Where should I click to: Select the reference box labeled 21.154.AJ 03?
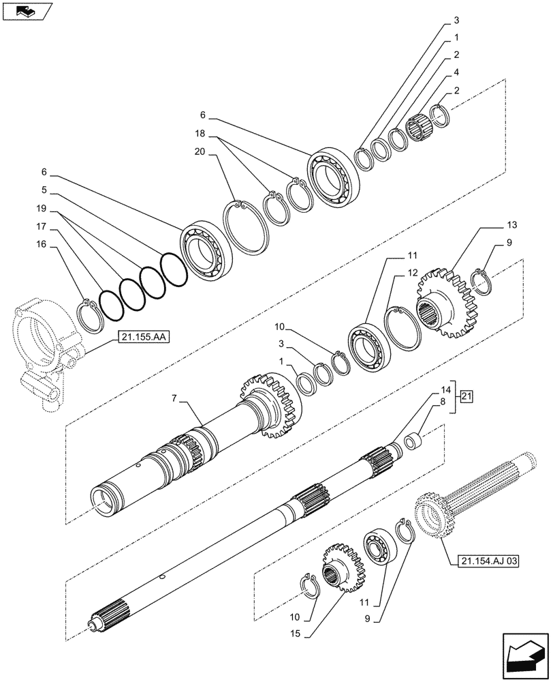pyautogui.click(x=484, y=561)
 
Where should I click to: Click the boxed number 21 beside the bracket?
pyautogui.click(x=466, y=396)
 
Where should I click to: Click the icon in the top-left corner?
pyautogui.click(x=27, y=11)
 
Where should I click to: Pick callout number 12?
pyautogui.click(x=413, y=272)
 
